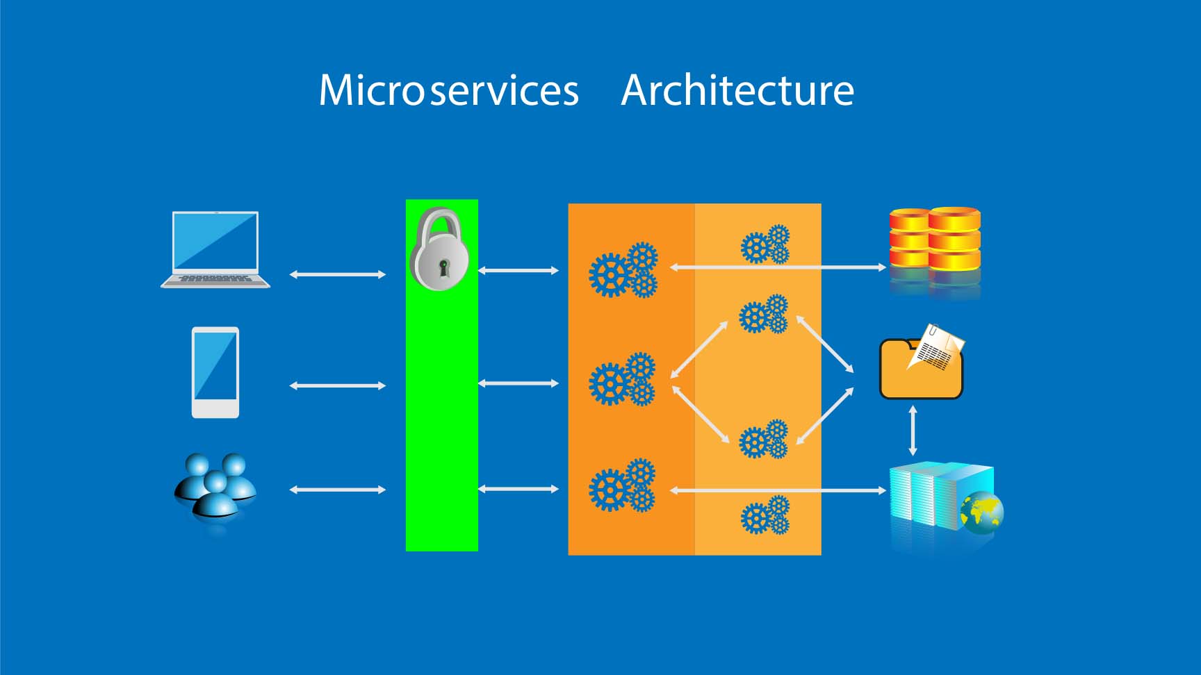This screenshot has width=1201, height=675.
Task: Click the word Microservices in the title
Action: (x=448, y=90)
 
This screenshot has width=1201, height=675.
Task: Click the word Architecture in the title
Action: (x=737, y=90)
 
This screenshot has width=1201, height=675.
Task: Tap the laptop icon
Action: (x=215, y=249)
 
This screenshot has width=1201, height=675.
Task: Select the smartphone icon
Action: (x=215, y=372)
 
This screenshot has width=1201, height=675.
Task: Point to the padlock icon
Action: (x=439, y=249)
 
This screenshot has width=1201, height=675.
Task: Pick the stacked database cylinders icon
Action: (x=935, y=240)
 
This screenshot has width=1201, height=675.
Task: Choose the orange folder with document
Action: (x=921, y=365)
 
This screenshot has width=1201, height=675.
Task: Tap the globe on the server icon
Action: (x=981, y=512)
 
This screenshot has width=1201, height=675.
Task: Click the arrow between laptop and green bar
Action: (x=337, y=274)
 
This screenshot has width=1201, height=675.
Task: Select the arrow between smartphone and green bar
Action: (x=337, y=385)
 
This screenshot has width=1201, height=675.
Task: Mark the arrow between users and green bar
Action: (x=337, y=490)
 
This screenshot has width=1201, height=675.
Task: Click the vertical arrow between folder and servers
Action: (x=913, y=431)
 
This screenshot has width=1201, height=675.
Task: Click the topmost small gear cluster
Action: (x=765, y=244)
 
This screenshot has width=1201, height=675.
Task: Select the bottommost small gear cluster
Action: (x=765, y=515)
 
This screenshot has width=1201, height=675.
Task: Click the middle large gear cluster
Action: (x=622, y=379)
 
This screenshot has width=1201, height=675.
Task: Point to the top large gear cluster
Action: (x=623, y=270)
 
